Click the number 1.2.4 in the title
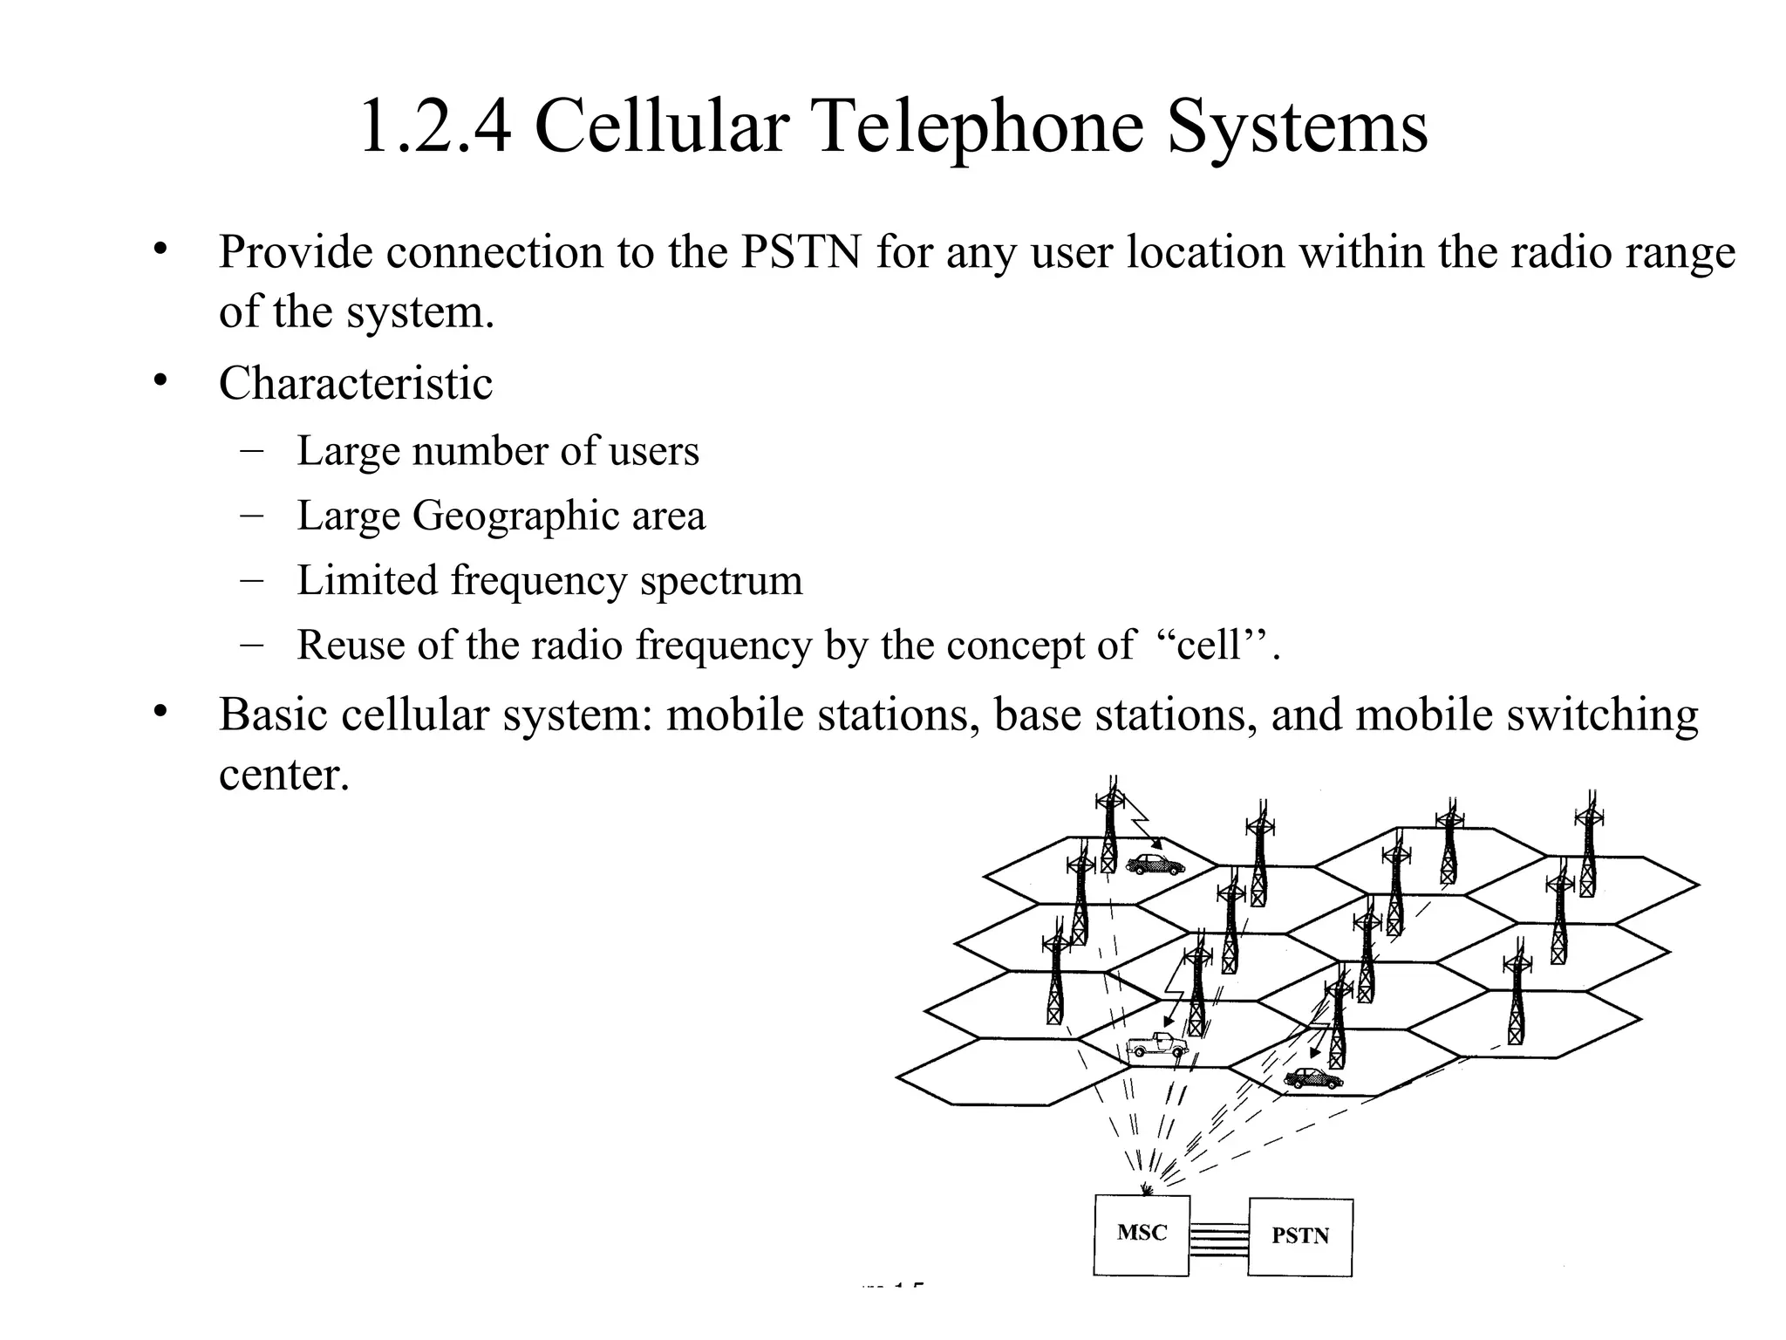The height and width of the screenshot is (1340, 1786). coord(434,127)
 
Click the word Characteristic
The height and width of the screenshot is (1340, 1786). coord(355,384)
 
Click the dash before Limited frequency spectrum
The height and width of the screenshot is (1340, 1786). coord(251,580)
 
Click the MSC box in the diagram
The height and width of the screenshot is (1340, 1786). coord(1142,1234)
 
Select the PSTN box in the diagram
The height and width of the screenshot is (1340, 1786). coord(1299,1237)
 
